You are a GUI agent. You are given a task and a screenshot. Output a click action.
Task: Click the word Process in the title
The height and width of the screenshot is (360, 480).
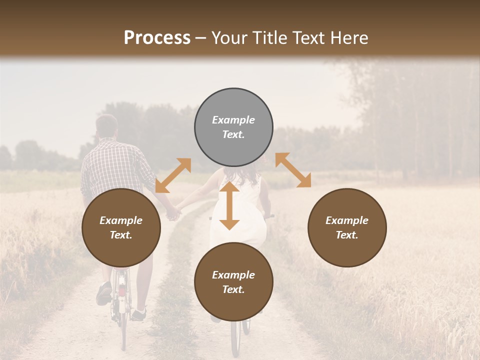(157, 38)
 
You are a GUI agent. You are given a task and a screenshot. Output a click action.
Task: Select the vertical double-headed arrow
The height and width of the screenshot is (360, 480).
(229, 205)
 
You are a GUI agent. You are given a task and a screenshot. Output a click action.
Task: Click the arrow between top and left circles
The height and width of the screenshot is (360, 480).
(173, 175)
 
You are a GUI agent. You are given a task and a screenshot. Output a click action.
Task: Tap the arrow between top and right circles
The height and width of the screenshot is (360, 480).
(293, 170)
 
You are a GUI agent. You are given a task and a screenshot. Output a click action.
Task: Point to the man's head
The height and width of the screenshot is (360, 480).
(106, 126)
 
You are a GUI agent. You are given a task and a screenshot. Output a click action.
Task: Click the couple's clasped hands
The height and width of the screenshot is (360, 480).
(173, 214)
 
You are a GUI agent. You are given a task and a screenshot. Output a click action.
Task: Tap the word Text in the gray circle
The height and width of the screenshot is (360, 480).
(233, 134)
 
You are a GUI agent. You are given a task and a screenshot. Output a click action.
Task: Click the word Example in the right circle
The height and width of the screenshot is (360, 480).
(346, 220)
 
